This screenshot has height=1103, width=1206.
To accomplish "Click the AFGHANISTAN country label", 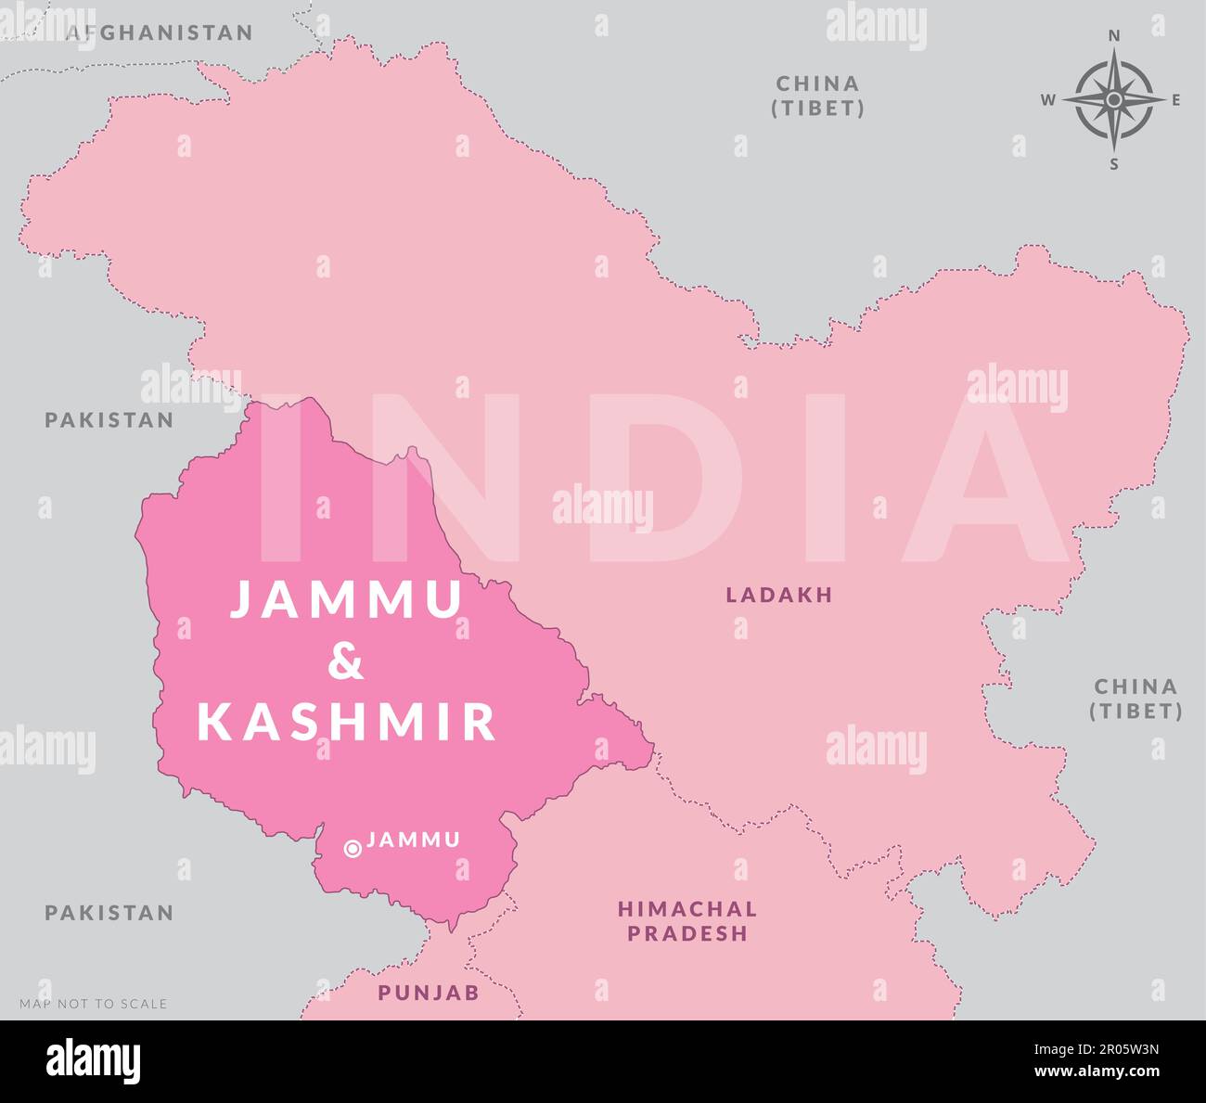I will pos(160,33).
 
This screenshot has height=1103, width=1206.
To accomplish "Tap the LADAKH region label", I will pos(779,595).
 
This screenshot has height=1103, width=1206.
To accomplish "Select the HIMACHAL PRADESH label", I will pos(687,921).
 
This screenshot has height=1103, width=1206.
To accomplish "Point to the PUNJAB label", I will pos(429,993).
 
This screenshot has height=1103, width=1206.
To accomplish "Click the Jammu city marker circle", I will pos(353,848).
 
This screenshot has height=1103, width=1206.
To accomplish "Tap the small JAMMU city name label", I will pos(414,840).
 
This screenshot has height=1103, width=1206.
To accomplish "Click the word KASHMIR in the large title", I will pos(347,722).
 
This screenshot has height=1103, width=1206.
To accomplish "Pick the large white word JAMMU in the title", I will pos(346,598).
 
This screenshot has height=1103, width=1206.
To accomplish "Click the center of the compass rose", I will pos(1114,99).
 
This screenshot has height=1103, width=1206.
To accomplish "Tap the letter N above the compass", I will pos(1114,35).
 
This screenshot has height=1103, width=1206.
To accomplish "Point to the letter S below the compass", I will pos(1114,164).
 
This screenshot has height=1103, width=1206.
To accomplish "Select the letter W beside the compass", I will pos(1047,100).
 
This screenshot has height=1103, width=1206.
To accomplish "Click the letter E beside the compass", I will pos(1176,100).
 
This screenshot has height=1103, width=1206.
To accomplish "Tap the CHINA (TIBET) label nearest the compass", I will pos(818,96).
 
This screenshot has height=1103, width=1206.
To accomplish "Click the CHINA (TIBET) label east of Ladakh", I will pos(1135,699).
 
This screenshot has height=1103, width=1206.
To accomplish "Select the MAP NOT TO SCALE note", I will pos(94,1004).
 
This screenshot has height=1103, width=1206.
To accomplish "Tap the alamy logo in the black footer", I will pos(94,1060).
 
